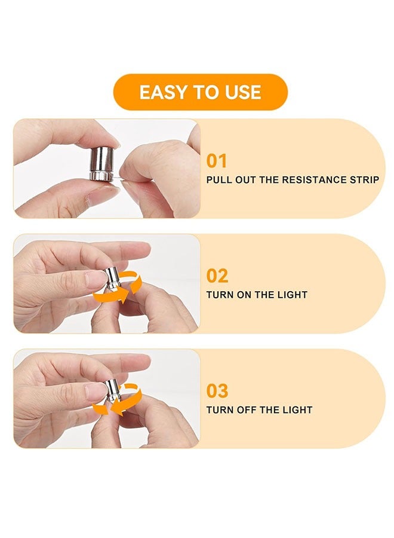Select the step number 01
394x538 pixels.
[x=217, y=161]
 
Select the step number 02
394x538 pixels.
[x=217, y=276]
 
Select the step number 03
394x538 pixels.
[x=217, y=391]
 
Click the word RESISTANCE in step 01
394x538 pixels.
[x=314, y=180]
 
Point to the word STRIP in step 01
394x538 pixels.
[x=364, y=180]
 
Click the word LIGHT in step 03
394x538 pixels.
[x=297, y=410]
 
